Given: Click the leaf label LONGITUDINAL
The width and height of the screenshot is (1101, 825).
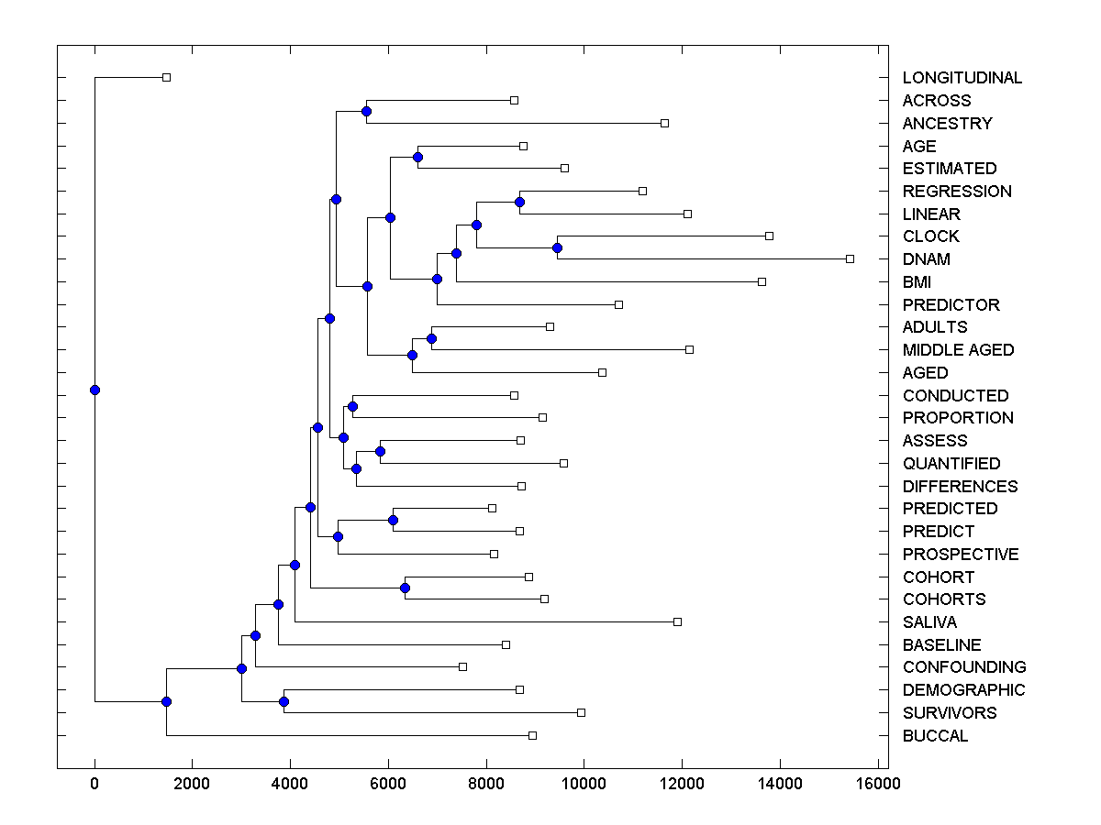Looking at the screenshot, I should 962,78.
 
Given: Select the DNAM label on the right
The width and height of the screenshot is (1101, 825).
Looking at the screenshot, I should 926,259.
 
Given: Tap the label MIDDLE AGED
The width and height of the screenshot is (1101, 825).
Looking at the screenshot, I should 958,350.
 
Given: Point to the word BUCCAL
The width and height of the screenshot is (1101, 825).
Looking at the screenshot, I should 935,736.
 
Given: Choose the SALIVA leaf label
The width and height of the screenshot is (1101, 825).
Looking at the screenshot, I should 929,622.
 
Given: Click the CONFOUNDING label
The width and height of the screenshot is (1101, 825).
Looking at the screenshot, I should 964,667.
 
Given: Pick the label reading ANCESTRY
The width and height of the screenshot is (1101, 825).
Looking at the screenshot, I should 947,124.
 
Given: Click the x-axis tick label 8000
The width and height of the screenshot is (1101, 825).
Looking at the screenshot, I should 486,784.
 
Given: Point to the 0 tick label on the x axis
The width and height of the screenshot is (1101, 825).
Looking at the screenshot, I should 95,784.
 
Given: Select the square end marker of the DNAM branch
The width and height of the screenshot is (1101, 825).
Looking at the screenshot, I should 850,259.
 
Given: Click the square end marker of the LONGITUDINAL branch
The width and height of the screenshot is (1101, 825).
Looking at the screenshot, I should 166,78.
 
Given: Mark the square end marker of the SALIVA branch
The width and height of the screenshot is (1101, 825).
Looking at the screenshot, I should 677,621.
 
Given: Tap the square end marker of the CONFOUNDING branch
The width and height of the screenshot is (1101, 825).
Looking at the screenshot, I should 462,666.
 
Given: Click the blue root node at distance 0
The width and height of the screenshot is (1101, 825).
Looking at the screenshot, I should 95,390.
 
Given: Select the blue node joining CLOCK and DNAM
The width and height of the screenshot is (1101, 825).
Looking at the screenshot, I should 557,247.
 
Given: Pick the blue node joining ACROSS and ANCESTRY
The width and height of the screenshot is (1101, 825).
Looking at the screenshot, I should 366,111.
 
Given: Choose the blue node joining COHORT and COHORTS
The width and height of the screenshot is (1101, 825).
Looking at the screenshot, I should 405,588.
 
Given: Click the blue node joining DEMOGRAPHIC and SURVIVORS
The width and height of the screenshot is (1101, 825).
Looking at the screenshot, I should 284,701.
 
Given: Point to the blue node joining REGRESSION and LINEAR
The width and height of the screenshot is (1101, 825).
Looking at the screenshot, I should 519,202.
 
